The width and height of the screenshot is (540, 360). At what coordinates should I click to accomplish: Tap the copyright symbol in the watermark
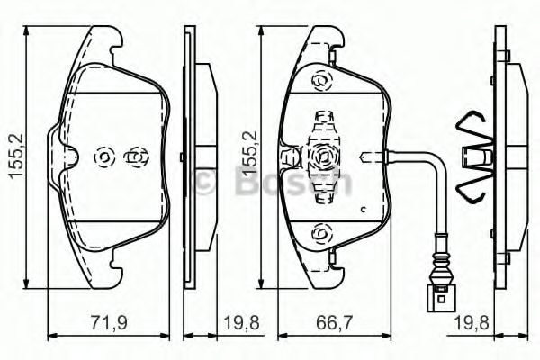[204, 182]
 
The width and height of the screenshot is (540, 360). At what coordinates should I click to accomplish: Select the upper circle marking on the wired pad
[321, 82]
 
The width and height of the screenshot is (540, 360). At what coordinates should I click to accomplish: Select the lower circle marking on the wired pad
[321, 233]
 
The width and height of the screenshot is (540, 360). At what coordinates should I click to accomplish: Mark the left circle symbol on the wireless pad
[103, 157]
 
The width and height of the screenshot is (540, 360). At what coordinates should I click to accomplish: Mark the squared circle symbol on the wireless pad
[135, 157]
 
